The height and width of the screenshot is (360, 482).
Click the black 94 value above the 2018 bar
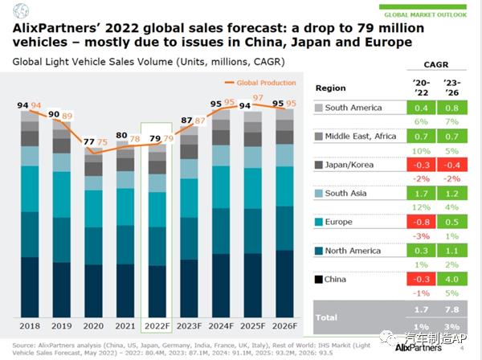[x=22, y=105]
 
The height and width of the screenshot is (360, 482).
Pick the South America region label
[x=359, y=108]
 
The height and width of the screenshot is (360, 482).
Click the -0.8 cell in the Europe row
[x=419, y=222]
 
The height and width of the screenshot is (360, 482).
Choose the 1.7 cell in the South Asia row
[x=419, y=194]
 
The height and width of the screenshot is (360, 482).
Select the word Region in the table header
[x=331, y=87]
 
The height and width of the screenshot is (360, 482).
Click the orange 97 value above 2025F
[x=258, y=97]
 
